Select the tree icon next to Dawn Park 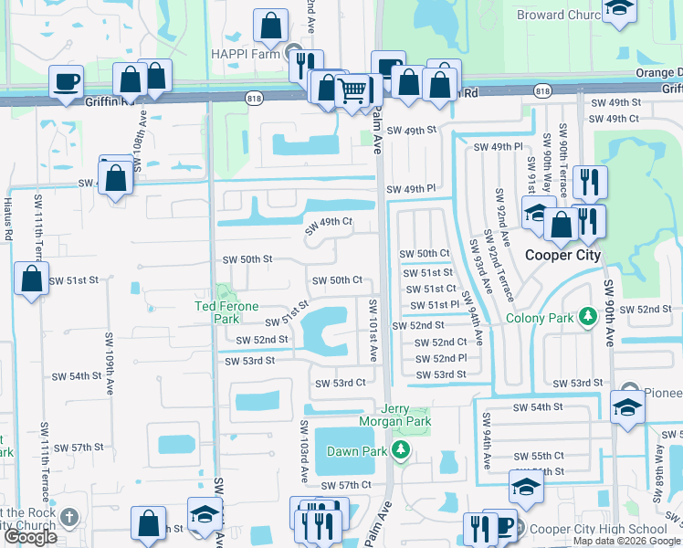tap(400, 450)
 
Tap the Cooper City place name tap(562, 255)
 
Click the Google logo tap(30, 537)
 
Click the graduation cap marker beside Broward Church tap(619, 9)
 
